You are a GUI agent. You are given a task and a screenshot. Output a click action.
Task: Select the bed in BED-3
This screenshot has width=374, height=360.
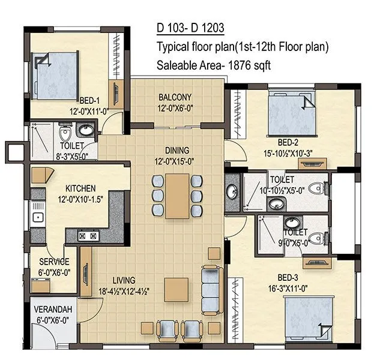308,317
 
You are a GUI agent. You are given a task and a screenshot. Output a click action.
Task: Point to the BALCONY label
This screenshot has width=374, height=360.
175,97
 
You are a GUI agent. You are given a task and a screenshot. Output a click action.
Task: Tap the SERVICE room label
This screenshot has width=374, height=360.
54,262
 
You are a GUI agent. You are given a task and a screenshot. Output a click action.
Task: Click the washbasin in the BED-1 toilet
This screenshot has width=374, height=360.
86,130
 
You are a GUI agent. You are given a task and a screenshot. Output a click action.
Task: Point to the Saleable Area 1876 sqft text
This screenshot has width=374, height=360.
214,65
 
